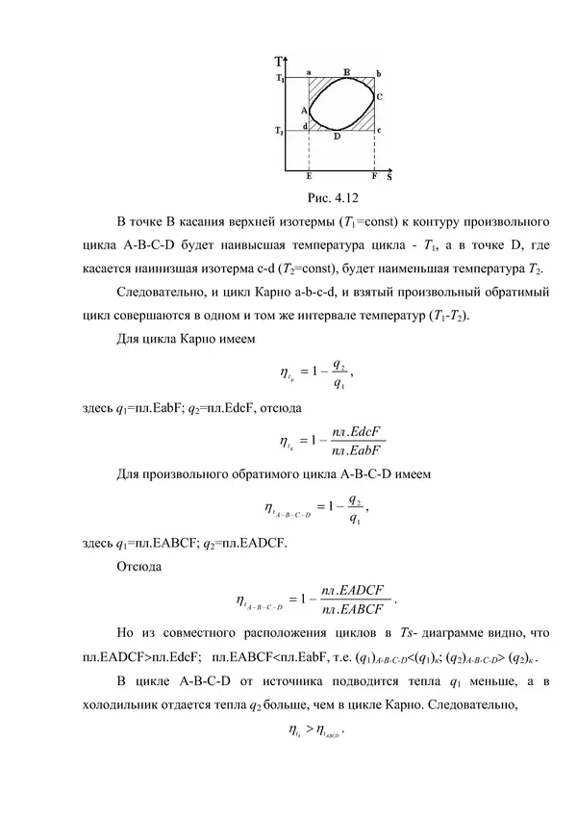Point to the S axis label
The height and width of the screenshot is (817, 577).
click(389, 177)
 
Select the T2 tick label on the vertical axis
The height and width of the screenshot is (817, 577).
click(279, 130)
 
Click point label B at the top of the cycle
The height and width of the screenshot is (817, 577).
click(345, 70)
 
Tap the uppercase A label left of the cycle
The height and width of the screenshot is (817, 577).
click(303, 111)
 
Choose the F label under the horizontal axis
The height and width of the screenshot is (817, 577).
click(374, 178)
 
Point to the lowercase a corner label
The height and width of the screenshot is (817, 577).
click(308, 71)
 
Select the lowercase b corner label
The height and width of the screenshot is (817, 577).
click(378, 72)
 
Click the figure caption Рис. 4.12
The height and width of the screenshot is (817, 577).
click(331, 198)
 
